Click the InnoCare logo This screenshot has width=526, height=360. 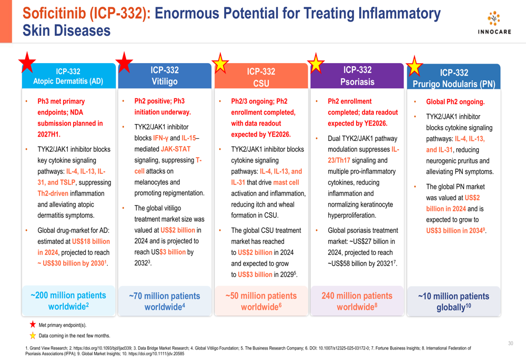click(x=494, y=23)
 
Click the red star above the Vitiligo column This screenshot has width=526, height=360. click(x=124, y=63)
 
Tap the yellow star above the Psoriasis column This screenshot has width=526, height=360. click(x=316, y=63)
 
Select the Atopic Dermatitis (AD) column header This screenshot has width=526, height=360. click(x=68, y=76)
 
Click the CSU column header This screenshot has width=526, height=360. click(x=261, y=76)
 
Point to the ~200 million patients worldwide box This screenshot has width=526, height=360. click(x=68, y=301)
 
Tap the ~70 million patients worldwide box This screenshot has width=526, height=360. click(x=164, y=301)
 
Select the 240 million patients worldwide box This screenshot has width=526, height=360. click(x=357, y=301)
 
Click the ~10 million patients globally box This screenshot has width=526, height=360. click(x=453, y=301)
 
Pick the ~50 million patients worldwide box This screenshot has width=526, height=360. click(x=261, y=301)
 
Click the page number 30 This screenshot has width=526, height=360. click(x=511, y=343)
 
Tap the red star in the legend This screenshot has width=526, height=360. click(x=33, y=324)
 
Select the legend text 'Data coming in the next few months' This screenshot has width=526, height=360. click(x=74, y=335)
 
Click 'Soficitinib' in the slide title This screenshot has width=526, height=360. click(x=54, y=14)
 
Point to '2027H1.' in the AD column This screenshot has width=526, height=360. click(x=49, y=135)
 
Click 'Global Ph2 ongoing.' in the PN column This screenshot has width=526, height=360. click(x=455, y=102)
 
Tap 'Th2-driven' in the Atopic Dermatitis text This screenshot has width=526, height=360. click(x=53, y=193)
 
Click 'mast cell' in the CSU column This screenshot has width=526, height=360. click(x=286, y=182)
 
